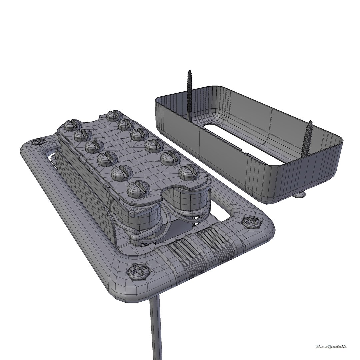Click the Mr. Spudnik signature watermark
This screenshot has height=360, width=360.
tap(331, 347)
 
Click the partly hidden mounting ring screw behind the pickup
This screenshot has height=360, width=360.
tap(39, 142)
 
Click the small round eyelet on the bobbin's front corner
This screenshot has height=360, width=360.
tap(134, 209)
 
